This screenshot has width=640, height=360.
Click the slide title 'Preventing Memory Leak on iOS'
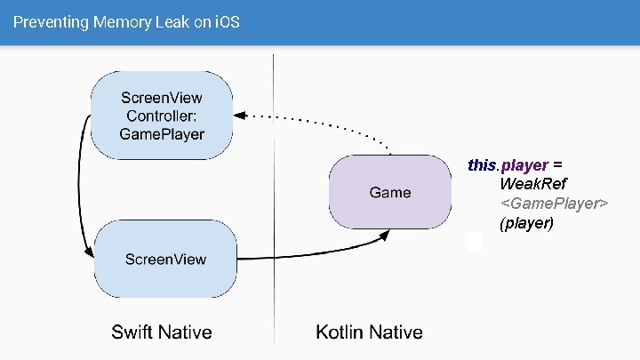(x=126, y=22)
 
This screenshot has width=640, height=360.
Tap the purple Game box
(x=390, y=192)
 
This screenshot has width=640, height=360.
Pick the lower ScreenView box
(x=165, y=259)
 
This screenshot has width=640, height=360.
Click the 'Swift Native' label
(x=162, y=332)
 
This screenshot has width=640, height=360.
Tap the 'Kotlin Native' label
(x=369, y=332)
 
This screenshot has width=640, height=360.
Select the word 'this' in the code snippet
(x=481, y=165)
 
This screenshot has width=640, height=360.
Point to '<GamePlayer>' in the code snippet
(x=554, y=204)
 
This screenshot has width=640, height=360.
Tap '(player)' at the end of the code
(x=526, y=223)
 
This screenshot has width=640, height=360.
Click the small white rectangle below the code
(x=475, y=241)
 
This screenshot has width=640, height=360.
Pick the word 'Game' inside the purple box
(x=390, y=192)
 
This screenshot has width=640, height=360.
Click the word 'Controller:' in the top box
(x=162, y=116)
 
